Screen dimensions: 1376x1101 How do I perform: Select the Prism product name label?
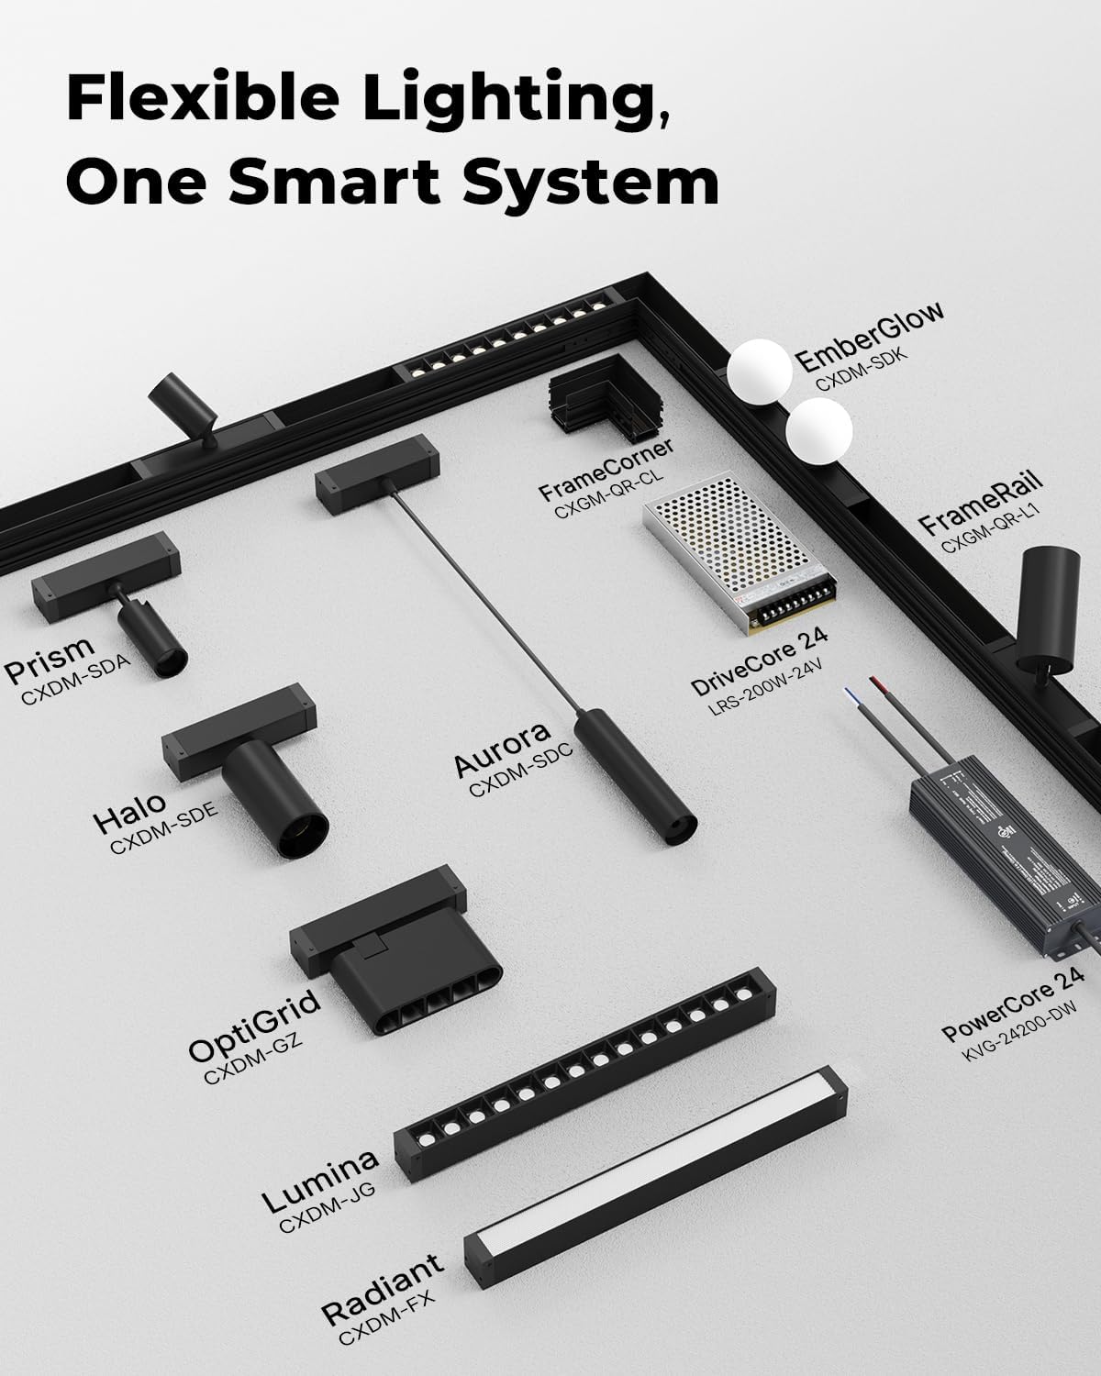[x=50, y=659]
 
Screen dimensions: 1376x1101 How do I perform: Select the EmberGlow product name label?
[x=869, y=336]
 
